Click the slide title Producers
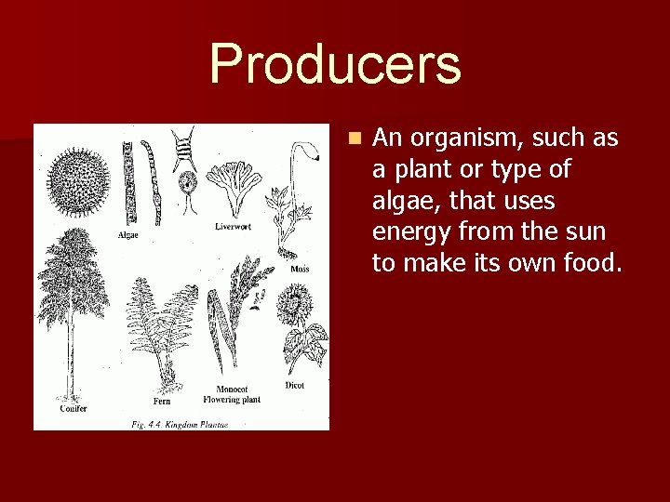tap(335, 63)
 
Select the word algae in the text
tap(401, 201)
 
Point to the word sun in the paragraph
tap(584, 232)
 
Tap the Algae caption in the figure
tap(128, 234)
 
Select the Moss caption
tap(300, 269)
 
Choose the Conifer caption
tap(74, 408)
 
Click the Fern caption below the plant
tap(162, 402)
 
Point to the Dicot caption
tap(295, 385)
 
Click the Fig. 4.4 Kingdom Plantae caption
tap(179, 424)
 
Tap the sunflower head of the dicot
tap(297, 301)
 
